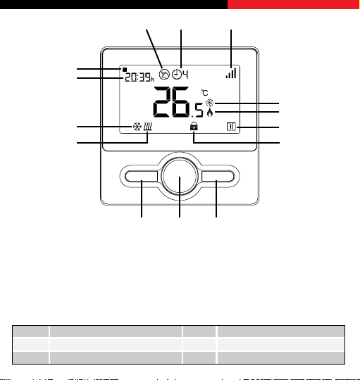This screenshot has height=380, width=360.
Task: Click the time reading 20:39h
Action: (139, 77)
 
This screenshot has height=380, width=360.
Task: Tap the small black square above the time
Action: (125, 70)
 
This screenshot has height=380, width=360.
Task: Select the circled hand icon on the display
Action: (164, 74)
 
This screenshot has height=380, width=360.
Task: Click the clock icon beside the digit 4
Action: (177, 74)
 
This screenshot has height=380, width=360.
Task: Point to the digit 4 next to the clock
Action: (185, 74)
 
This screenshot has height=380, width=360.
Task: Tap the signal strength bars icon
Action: (231, 73)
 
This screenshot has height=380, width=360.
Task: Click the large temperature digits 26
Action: (171, 102)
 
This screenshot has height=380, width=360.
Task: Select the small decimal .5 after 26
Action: (197, 110)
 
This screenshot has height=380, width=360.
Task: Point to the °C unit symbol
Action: (205, 93)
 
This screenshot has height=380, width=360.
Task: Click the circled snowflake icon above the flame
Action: (210, 103)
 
